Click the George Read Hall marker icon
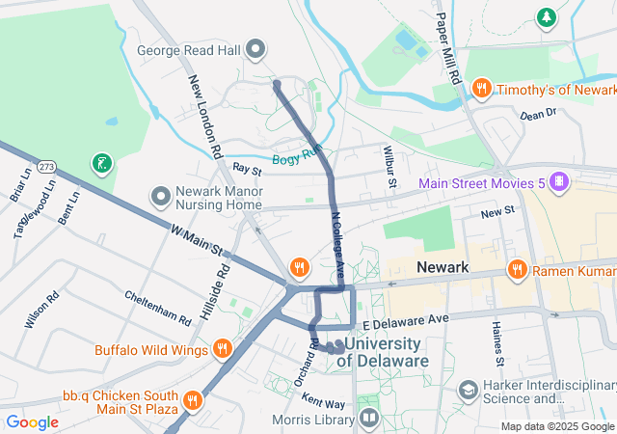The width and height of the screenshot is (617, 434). point(255,48)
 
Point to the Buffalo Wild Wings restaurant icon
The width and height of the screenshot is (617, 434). point(223,348)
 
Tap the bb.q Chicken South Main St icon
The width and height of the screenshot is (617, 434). point(193,397)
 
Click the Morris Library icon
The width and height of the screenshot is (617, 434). point(368,418)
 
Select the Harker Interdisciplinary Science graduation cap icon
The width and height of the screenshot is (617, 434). point(469,391)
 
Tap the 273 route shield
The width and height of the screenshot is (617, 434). point(46,168)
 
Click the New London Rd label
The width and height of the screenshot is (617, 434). point(204,117)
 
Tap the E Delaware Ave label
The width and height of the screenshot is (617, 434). point(406,319)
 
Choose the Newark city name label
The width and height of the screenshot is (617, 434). point(442,267)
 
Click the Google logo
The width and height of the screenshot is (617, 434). point(32,422)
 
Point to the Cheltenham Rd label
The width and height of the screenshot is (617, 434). point(157,308)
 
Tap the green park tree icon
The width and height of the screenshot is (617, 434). point(547,17)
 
